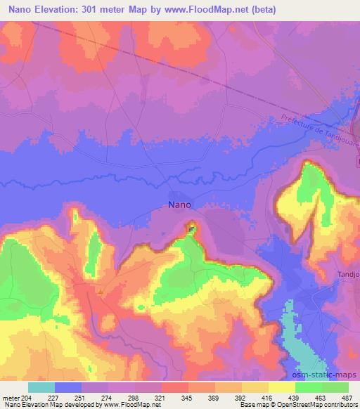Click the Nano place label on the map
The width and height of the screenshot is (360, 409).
click(x=179, y=205)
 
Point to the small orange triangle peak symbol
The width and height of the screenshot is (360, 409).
click(x=101, y=291)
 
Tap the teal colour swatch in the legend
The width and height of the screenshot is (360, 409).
click(x=41, y=387)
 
